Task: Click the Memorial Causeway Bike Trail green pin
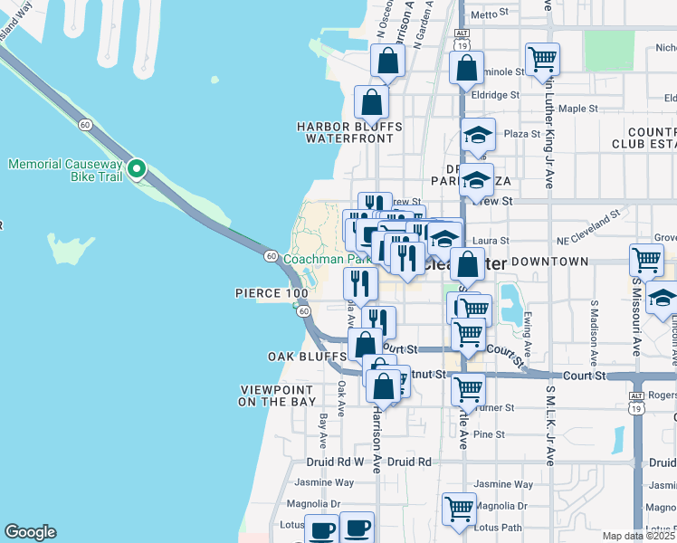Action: coord(137,168)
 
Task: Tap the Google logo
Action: coord(30,532)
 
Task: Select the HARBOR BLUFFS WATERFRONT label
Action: coord(349,132)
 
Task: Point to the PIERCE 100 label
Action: coord(272,293)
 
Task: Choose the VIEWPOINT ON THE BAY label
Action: coord(278,395)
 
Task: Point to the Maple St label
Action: coord(579,109)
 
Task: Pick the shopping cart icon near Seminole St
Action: coord(542,60)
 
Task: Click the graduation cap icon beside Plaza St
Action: coord(478,136)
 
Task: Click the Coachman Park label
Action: coord(327,259)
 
